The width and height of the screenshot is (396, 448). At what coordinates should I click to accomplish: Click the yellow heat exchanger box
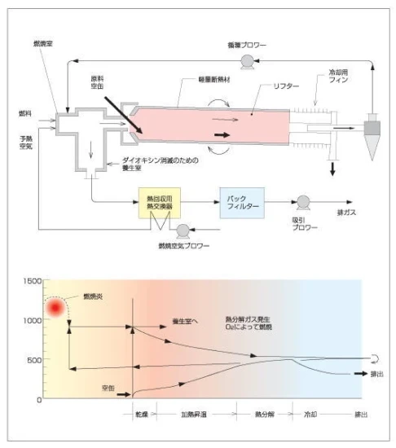pyautogui.click(x=156, y=203)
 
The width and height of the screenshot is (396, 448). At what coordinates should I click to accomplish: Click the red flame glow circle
pyautogui.click(x=56, y=308)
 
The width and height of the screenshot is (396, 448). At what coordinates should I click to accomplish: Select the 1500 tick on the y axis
pyautogui.click(x=30, y=280)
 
